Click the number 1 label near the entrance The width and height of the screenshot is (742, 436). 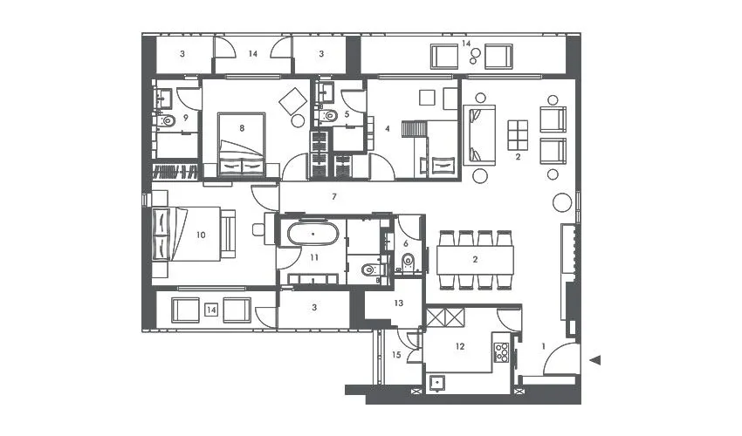point(544,346)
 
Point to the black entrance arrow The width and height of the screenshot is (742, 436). point(596,360)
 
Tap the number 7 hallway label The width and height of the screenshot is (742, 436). point(334,197)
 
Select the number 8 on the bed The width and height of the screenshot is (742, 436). point(242,128)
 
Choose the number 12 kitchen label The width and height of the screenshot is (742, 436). point(460,346)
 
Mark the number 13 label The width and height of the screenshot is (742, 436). point(397,303)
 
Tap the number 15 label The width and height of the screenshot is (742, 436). point(396,354)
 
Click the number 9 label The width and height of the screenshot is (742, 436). point(186,118)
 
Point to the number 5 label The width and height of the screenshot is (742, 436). point(347,113)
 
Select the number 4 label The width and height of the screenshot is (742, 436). point(387,128)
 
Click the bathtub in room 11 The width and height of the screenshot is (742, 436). point(312,235)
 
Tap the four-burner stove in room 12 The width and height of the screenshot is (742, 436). point(502,352)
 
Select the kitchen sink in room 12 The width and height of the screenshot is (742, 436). point(439,380)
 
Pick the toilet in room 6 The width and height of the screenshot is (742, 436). point(407,261)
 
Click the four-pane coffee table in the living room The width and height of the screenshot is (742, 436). point(518,135)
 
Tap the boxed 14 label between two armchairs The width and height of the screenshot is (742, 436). point(211,310)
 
